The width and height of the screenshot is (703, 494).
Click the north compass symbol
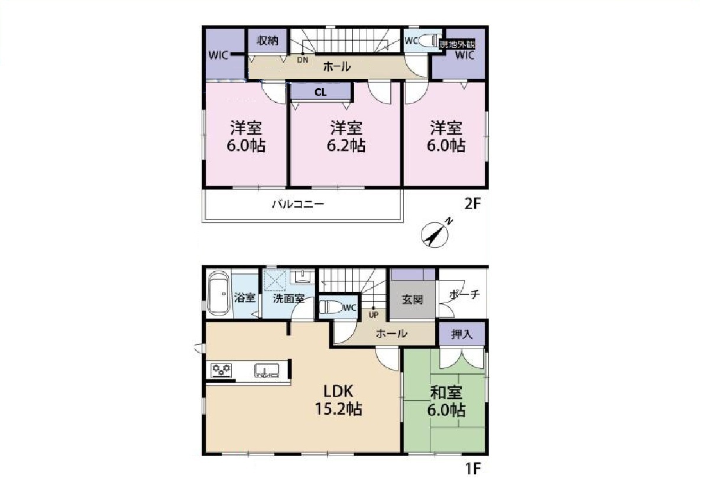tap(436, 233)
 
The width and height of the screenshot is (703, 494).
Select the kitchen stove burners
tap(222, 370)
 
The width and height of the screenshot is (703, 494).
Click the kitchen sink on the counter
tap(266, 370)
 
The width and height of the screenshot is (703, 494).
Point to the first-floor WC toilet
tap(331, 307)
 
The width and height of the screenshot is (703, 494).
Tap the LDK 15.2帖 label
tap(339, 400)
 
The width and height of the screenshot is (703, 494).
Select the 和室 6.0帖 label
tap(446, 401)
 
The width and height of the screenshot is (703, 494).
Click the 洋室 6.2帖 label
tap(346, 136)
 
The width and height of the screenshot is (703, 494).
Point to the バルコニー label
tap(298, 204)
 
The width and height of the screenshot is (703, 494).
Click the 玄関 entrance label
tap(412, 299)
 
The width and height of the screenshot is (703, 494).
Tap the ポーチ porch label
tap(464, 294)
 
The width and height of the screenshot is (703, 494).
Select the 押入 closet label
tap(462, 334)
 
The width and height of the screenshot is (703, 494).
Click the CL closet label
tap(320, 92)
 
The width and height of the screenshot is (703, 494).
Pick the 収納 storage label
tap(268, 41)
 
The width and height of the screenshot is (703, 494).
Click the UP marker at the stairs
tap(374, 315)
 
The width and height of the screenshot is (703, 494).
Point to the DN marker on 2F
tap(303, 60)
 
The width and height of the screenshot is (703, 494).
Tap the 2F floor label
tap(472, 204)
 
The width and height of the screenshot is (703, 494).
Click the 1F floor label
tap(473, 469)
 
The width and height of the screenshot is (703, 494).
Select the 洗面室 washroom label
tap(289, 298)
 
